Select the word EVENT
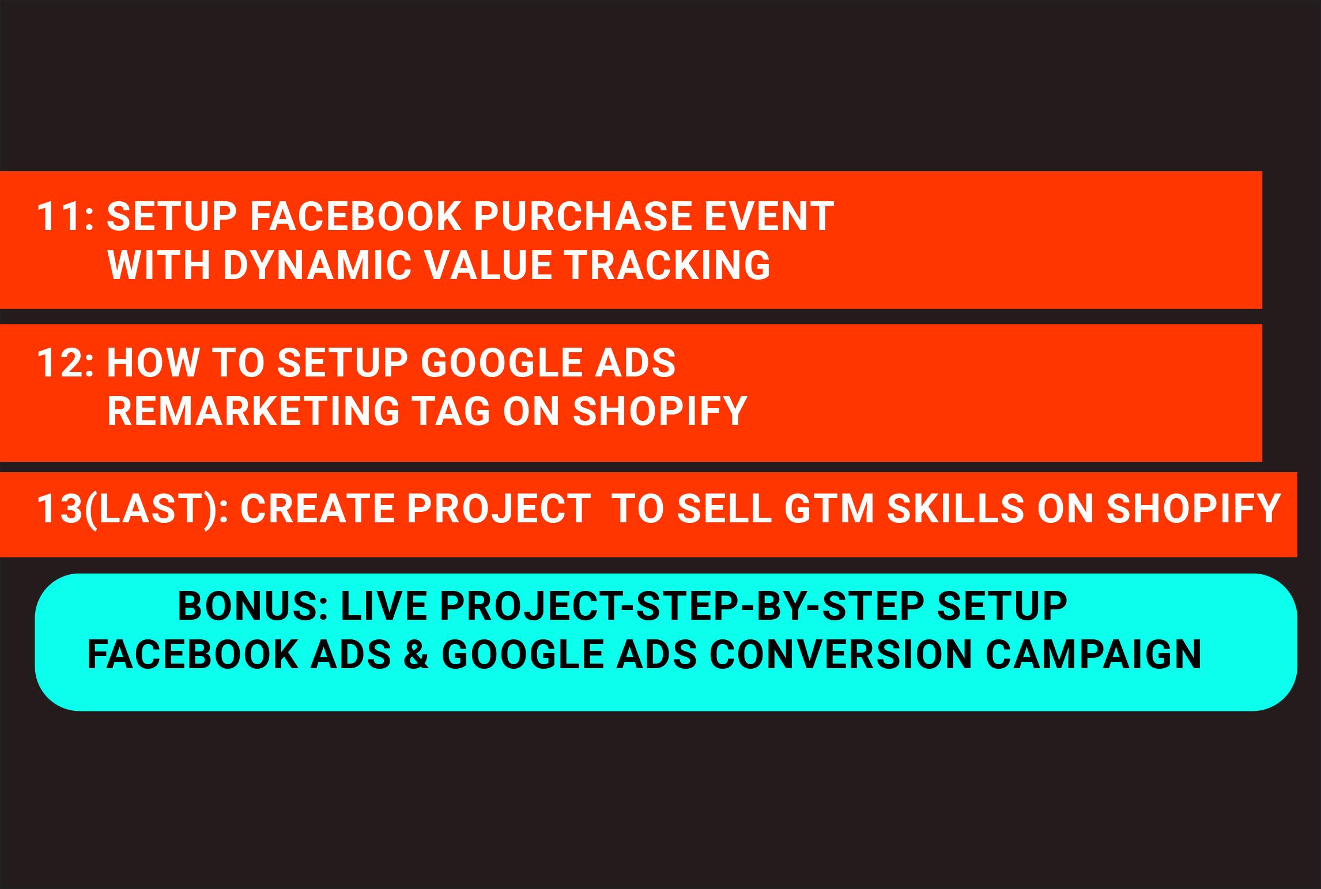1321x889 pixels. pos(765,217)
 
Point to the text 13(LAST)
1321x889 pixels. pos(128,508)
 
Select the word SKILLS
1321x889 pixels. pos(956,508)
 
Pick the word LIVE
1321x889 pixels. pos(384,607)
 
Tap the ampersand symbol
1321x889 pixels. pos(417,654)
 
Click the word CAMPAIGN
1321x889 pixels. pos(1093,654)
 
